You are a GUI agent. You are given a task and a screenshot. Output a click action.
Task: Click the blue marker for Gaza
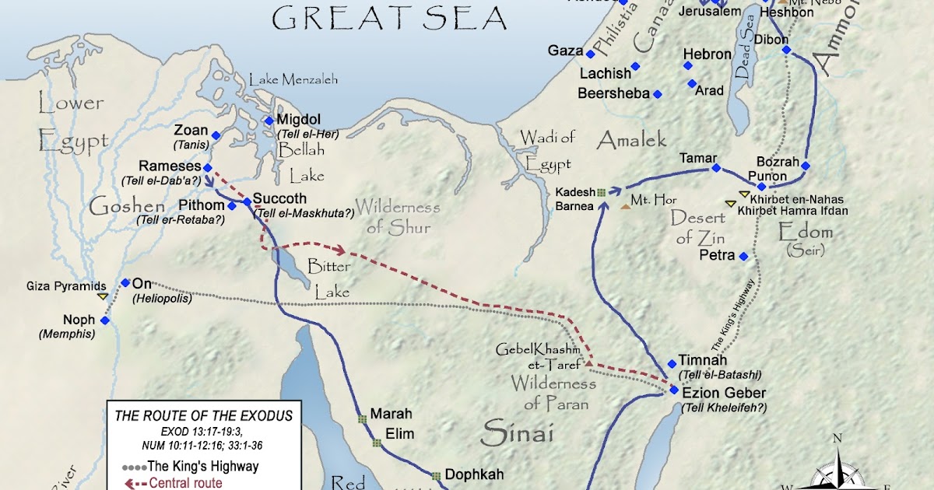click(x=591, y=54)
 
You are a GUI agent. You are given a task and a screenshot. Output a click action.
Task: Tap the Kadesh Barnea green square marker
click(x=601, y=191)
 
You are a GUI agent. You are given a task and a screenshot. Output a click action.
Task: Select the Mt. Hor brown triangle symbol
click(x=626, y=207)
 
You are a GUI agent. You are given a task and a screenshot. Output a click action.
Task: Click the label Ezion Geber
click(x=723, y=393)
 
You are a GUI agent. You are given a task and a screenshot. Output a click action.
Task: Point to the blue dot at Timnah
click(x=672, y=363)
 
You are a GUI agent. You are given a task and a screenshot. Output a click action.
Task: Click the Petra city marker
click(x=744, y=256)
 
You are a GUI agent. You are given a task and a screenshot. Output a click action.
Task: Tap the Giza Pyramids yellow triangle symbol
click(x=102, y=296)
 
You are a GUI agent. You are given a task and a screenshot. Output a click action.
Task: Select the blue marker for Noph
click(x=105, y=320)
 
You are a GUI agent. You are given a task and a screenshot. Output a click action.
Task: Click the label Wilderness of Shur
click(x=398, y=218)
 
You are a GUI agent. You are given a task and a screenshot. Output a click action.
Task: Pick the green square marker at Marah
click(x=362, y=419)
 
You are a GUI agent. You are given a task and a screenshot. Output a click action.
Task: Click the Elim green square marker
click(x=376, y=443)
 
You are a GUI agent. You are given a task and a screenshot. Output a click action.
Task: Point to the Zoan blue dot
click(x=217, y=136)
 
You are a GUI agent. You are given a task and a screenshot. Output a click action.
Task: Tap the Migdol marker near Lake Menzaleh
click(x=269, y=121)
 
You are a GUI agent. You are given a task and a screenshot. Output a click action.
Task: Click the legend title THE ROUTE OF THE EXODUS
click(x=203, y=416)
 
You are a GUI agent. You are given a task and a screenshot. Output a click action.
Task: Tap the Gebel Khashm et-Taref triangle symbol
click(x=589, y=362)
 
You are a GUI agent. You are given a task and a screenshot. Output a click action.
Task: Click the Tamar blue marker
click(x=715, y=168)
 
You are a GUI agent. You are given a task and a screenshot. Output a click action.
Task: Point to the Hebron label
click(x=707, y=54)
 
